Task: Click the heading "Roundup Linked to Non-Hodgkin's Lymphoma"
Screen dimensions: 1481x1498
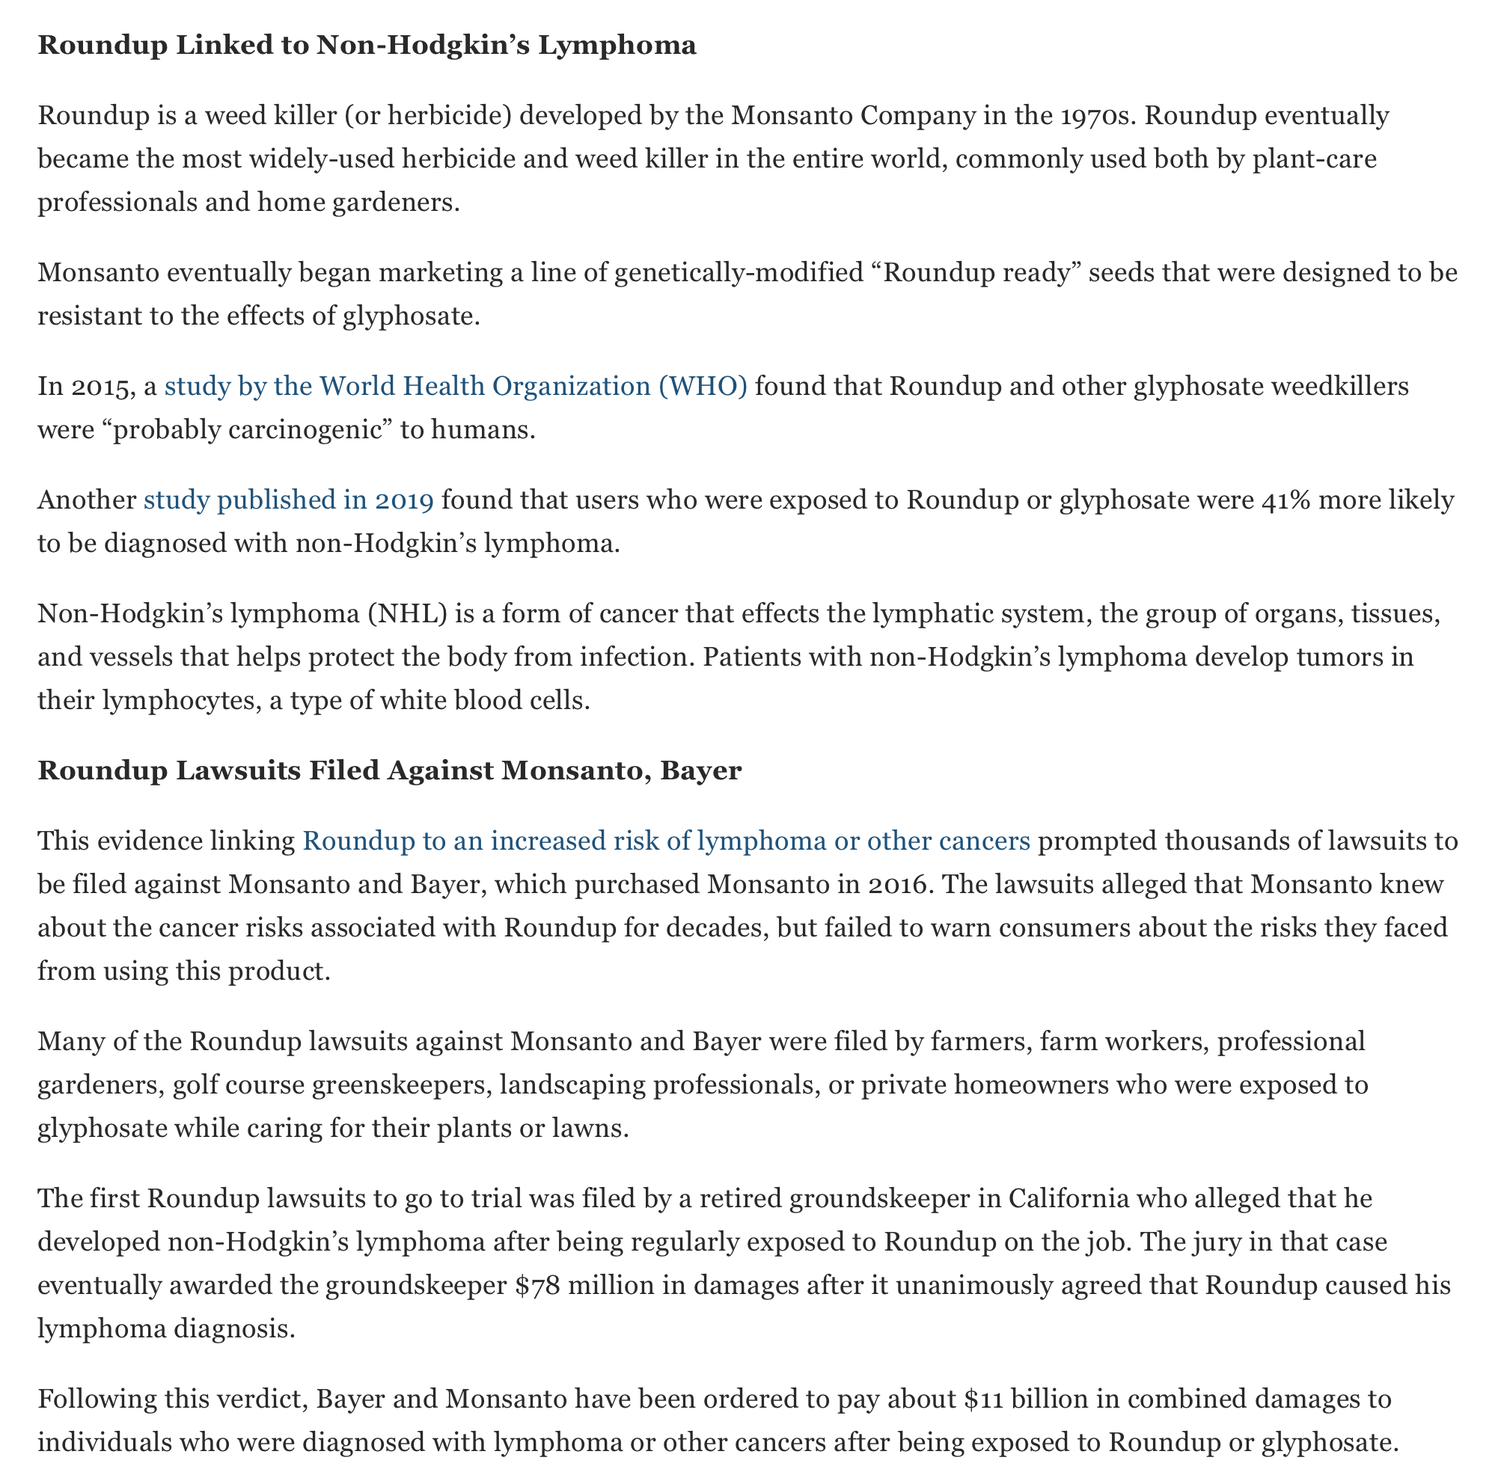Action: [x=367, y=46]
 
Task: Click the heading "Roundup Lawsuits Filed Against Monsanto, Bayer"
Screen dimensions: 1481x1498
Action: [x=389, y=770]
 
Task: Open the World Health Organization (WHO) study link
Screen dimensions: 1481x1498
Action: [x=455, y=385]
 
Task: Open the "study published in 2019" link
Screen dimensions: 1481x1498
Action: [x=288, y=500]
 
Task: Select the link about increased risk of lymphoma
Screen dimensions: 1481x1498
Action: [x=665, y=840]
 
